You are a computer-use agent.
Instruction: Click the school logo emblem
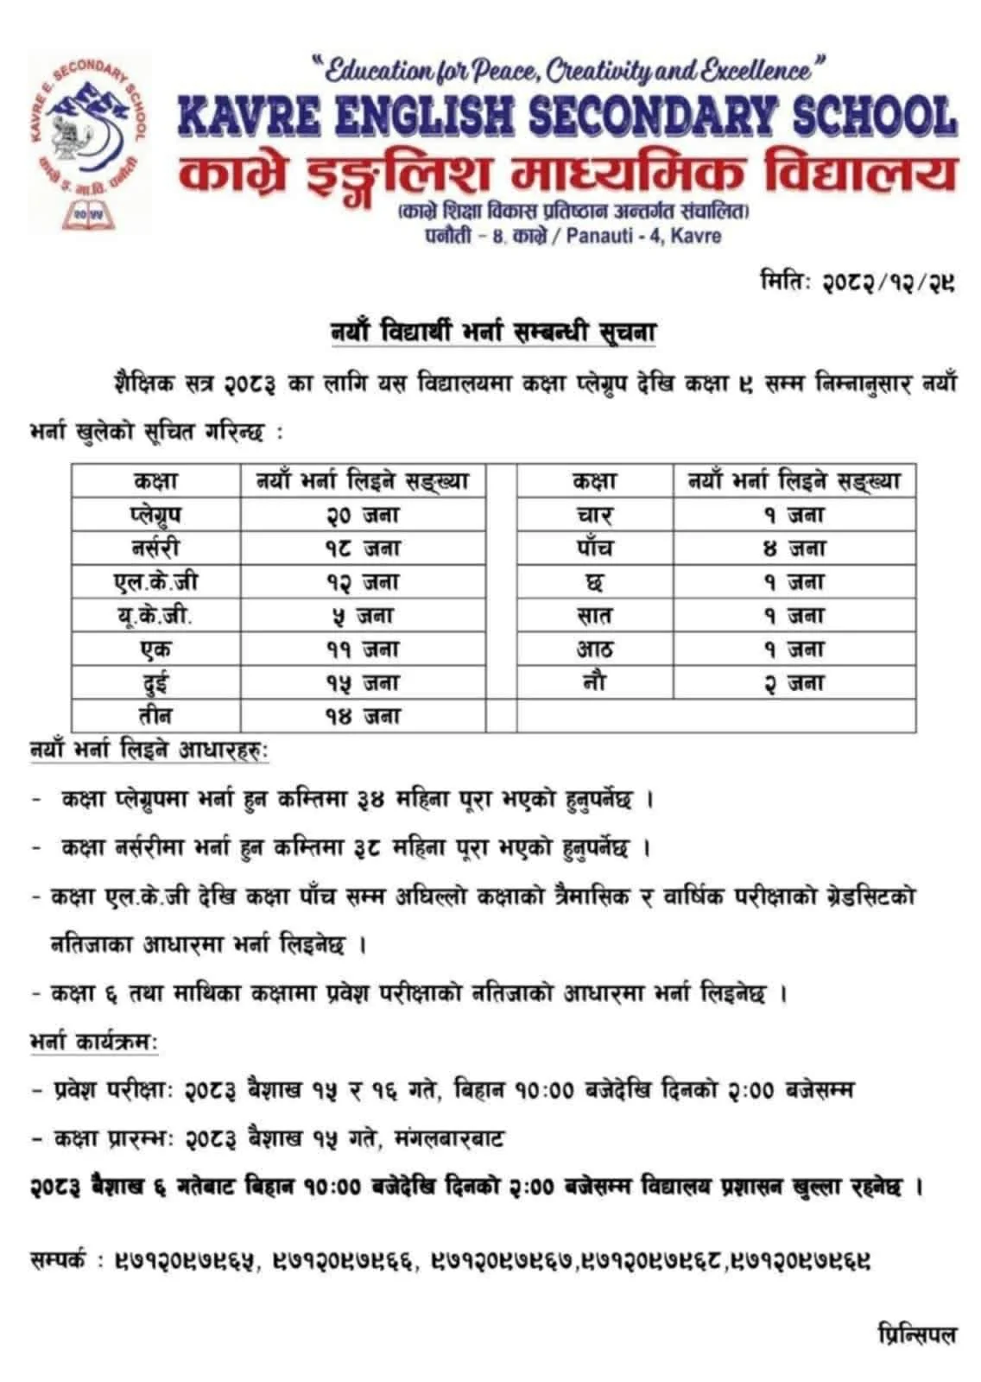click(86, 141)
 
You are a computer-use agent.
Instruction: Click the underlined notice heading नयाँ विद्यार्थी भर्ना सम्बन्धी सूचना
click(493, 332)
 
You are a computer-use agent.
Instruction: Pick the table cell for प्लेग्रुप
click(155, 515)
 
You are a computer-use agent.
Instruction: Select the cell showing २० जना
click(363, 515)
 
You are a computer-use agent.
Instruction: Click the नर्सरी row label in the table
click(155, 548)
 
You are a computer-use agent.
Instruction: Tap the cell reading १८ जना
click(363, 548)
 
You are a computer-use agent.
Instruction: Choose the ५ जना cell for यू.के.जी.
click(363, 616)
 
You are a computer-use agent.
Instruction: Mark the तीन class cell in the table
click(155, 716)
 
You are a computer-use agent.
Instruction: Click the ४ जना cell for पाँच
click(794, 548)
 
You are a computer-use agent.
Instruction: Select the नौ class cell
click(595, 682)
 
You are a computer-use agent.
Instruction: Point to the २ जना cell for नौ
click(794, 682)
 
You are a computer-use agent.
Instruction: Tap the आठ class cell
click(595, 649)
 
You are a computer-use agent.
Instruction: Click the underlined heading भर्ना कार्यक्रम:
click(93, 1043)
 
